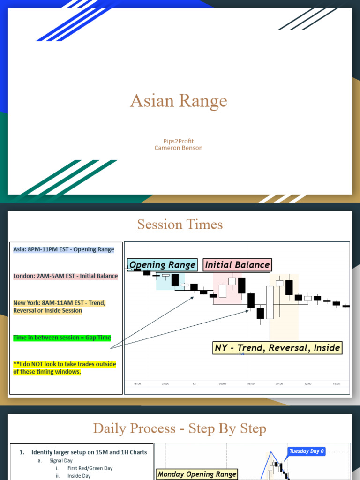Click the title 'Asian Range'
[179, 101]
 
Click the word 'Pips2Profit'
[179, 141]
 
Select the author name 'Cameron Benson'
[179, 148]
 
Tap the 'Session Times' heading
[180, 225]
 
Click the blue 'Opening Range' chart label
[162, 265]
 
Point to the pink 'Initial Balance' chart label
[237, 265]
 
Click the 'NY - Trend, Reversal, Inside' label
[277, 348]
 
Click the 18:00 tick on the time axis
[137, 383]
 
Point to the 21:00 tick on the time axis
[165, 383]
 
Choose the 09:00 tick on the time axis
[279, 383]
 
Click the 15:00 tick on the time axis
[336, 383]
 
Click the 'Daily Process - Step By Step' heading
[180, 428]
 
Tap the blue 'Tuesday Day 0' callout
[307, 451]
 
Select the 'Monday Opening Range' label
[197, 474]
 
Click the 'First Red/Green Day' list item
[90, 468]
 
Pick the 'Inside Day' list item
[79, 476]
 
